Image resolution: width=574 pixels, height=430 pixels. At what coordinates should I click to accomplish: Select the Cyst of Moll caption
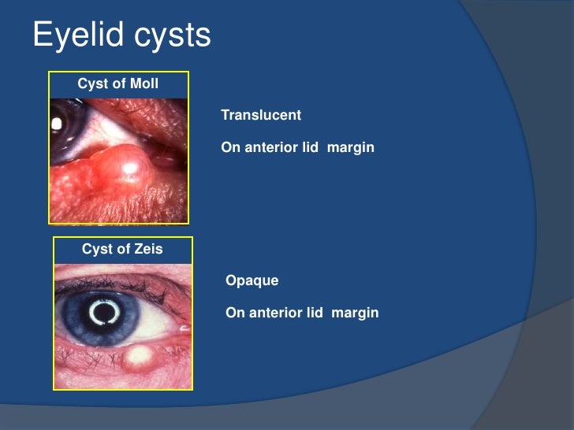click(x=118, y=84)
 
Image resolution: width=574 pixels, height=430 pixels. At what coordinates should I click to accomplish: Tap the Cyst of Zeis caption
click(x=122, y=250)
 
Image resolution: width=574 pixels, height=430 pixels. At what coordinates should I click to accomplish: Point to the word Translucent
click(x=261, y=115)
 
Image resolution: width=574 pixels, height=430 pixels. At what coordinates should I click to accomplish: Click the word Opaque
click(x=252, y=280)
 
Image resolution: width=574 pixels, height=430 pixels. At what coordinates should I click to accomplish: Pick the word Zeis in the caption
click(x=148, y=250)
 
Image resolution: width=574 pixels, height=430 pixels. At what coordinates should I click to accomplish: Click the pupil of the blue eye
click(x=102, y=313)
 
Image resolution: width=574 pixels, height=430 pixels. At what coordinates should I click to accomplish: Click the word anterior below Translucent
click(x=272, y=147)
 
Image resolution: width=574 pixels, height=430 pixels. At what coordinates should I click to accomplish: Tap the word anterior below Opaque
click(x=277, y=313)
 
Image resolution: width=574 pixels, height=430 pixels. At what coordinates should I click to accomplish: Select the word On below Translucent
click(x=230, y=147)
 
